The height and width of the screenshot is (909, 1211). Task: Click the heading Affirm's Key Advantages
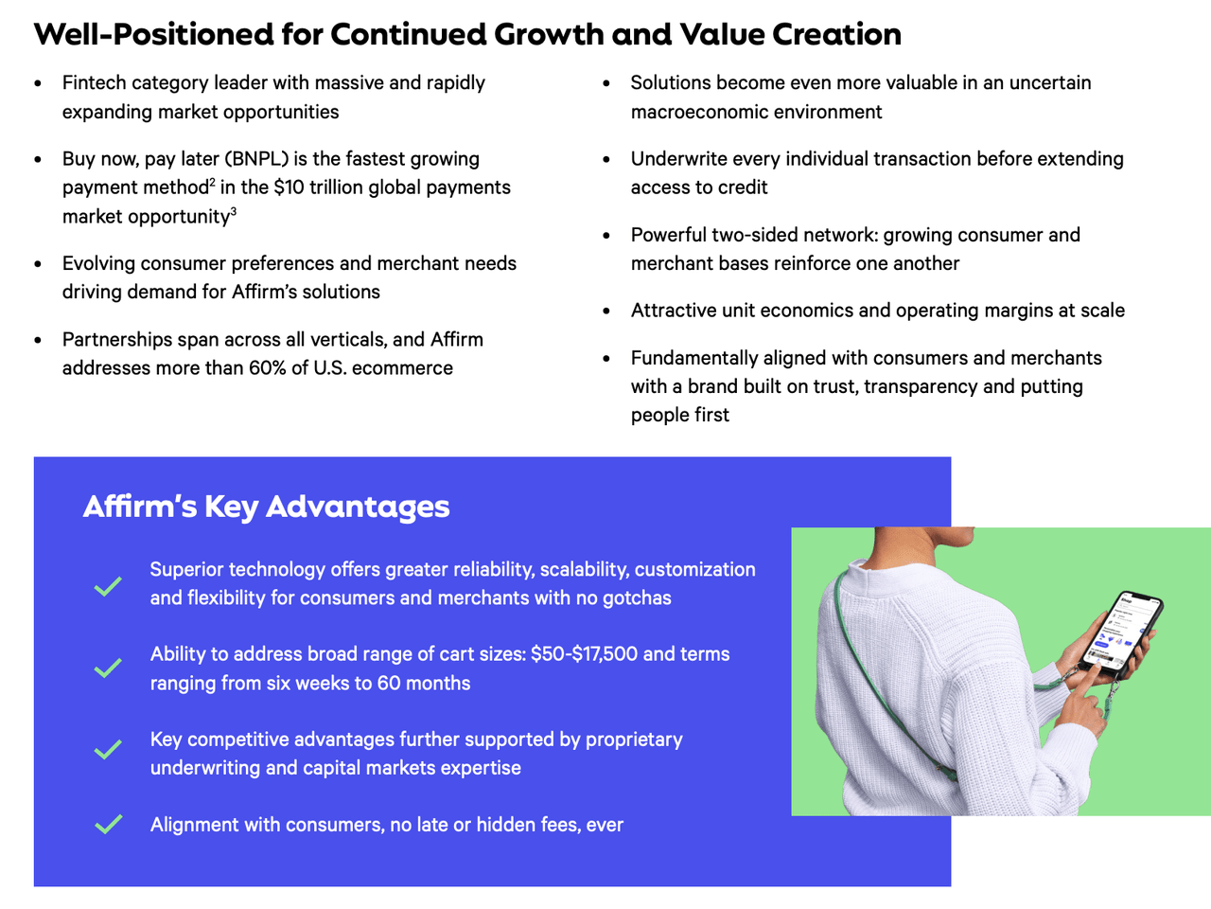266,507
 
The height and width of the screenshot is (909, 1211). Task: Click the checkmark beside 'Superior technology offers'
108,586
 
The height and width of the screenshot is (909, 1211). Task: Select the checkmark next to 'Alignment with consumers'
108,824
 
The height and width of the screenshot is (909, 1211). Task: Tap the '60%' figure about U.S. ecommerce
268,367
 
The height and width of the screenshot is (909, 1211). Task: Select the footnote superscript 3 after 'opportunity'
233,212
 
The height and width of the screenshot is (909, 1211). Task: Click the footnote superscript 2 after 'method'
212,183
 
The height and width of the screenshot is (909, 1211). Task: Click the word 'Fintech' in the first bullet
94,83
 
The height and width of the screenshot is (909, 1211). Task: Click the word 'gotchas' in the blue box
637,598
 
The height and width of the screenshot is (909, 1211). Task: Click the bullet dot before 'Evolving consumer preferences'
38,264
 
